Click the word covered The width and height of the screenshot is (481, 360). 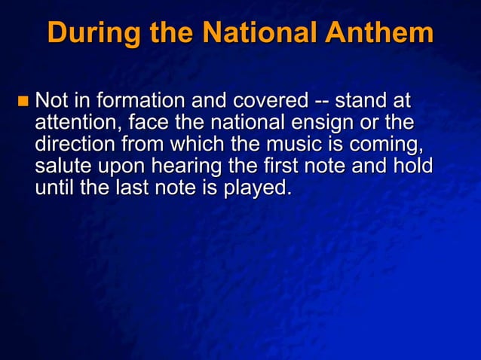pos(271,100)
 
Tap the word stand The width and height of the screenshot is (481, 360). pos(362,100)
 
